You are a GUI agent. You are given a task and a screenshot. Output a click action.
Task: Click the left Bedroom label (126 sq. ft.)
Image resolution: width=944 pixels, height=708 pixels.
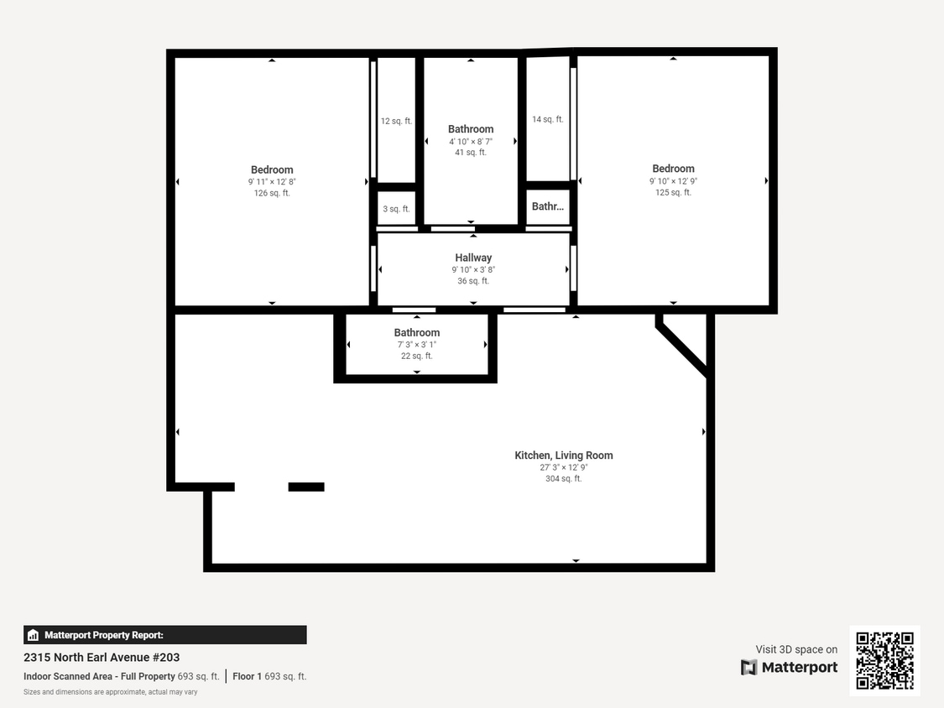[x=272, y=170]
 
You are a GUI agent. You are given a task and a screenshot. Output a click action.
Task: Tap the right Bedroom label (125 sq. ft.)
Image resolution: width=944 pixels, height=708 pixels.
[x=673, y=169]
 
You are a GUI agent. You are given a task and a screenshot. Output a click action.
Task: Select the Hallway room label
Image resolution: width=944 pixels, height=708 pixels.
[x=473, y=258]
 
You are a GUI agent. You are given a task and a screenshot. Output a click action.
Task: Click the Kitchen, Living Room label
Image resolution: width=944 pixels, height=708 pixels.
[x=563, y=456]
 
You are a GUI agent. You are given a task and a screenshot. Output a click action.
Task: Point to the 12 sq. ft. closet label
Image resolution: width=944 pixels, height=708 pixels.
[x=396, y=121]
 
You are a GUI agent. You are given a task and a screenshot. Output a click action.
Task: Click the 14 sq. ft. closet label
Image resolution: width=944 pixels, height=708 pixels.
[x=547, y=119]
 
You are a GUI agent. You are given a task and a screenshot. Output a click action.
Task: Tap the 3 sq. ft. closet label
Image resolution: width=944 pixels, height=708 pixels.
[x=396, y=209]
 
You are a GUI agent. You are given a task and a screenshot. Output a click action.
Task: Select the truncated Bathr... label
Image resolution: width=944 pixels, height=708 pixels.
[x=548, y=206]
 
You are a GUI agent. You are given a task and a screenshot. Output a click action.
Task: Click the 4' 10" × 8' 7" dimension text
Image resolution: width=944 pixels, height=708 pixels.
[x=471, y=141]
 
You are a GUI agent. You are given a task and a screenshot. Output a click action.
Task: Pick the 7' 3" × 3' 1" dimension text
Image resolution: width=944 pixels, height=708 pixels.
[x=417, y=345]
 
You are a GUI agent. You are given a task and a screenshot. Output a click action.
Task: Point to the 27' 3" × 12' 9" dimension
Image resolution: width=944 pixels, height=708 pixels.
[x=563, y=467]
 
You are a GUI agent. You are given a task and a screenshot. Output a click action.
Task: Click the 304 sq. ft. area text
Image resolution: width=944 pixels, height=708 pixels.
[x=563, y=479]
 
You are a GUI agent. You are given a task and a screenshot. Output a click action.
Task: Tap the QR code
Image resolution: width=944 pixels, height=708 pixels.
[x=884, y=660]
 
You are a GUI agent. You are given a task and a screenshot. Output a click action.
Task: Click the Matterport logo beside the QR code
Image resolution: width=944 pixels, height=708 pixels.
[x=789, y=667]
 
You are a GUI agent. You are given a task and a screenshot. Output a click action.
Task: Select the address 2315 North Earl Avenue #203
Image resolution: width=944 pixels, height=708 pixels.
[x=102, y=658]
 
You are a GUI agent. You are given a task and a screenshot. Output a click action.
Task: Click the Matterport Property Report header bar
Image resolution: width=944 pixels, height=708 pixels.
[x=165, y=635]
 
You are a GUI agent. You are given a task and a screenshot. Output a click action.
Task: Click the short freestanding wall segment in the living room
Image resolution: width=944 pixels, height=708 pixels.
[x=306, y=487]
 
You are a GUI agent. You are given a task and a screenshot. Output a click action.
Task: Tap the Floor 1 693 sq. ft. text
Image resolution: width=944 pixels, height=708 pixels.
[x=269, y=676]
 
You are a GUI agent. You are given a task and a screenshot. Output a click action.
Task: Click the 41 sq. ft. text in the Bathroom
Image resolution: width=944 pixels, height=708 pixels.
[x=471, y=153]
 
